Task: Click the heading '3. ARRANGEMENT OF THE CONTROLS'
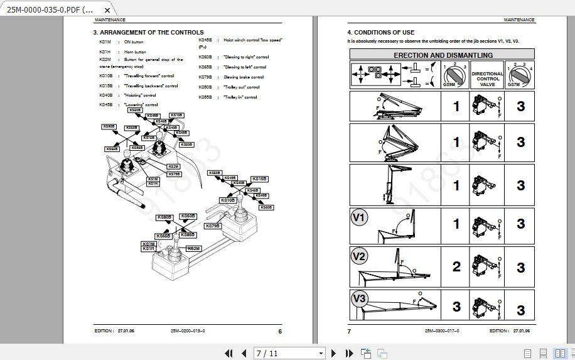tap(148, 32)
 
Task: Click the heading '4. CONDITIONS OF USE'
tap(381, 32)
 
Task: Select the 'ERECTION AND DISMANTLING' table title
tap(443, 55)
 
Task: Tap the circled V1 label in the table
tap(358, 218)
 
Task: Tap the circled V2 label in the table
tap(358, 256)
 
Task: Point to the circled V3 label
tap(358, 298)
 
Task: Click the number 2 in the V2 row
tap(456, 266)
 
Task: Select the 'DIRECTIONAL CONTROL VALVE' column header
tap(487, 78)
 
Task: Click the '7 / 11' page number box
tap(289, 353)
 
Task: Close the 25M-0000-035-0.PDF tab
tap(108, 10)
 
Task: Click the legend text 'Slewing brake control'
tap(244, 77)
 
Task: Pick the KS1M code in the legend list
tap(105, 41)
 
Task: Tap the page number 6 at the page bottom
tap(280, 330)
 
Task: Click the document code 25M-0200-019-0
tap(188, 330)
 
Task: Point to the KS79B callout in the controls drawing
tap(213, 226)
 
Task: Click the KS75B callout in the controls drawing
tap(174, 174)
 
